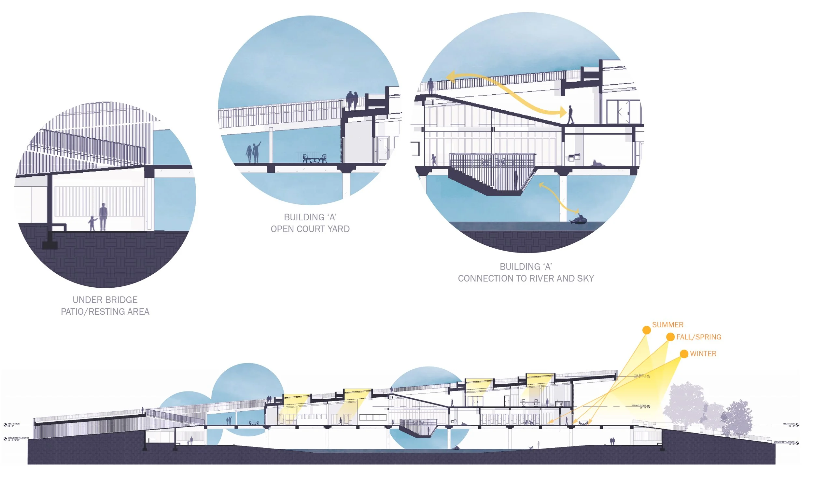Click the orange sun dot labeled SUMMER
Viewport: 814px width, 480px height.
tap(646, 330)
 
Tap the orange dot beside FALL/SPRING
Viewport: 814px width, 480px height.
tap(670, 337)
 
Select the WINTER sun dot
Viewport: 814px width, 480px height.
tap(684, 354)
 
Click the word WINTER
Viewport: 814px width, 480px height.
tap(703, 354)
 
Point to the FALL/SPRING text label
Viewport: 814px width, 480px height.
tap(699, 337)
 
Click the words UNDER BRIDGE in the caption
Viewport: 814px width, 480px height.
tap(105, 300)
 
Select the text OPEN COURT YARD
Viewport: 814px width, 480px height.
tap(310, 229)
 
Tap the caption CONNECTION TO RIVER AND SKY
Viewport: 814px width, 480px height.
tap(526, 279)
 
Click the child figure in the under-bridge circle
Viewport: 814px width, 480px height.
tap(92, 223)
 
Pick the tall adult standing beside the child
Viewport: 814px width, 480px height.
tap(103, 216)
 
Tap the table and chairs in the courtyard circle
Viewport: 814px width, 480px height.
tap(315, 159)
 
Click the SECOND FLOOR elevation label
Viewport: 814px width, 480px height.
tap(639, 406)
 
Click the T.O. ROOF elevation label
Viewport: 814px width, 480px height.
tap(640, 376)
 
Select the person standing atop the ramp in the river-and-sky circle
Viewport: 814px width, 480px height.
tap(430, 86)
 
